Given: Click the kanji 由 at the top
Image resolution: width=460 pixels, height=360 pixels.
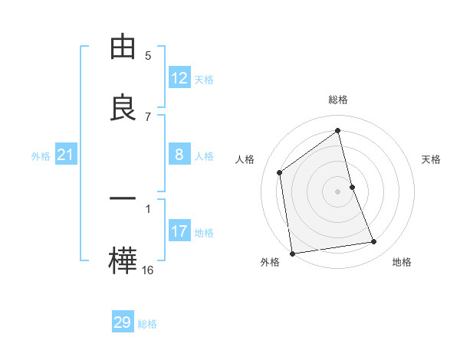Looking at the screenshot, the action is tap(123, 47).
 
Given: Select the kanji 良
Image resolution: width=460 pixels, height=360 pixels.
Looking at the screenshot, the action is tap(123, 108).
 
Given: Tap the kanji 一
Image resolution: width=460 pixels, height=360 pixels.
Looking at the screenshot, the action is tap(123, 198).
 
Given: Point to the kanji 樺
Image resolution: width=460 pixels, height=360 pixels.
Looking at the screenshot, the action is tap(123, 261).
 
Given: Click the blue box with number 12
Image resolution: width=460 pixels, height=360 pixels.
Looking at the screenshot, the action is tap(179, 78).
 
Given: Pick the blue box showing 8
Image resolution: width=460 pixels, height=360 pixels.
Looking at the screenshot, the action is tap(179, 155).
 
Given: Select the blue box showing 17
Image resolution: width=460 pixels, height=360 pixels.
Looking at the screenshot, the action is tap(179, 231).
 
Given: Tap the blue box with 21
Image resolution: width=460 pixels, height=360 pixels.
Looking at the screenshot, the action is tap(66, 155).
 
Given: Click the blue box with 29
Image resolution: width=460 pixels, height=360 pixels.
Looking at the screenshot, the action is tap(123, 322).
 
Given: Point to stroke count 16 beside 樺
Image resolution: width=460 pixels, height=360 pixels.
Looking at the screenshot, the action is tap(148, 270).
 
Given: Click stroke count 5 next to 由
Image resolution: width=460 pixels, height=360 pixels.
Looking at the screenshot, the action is tap(148, 55).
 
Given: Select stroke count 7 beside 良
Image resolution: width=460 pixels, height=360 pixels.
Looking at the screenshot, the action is tap(148, 116).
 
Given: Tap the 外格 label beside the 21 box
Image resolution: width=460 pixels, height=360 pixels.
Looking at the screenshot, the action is tap(41, 156).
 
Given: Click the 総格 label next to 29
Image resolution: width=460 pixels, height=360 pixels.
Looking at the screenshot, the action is tap(147, 324).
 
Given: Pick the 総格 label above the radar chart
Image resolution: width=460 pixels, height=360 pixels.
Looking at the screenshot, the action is tap(338, 100).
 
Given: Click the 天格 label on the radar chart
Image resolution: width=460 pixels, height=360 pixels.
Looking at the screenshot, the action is tap(431, 159).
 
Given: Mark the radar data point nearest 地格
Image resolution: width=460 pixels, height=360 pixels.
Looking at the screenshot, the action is tap(374, 242).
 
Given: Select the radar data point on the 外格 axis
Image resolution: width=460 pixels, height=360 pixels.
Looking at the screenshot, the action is tap(292, 253).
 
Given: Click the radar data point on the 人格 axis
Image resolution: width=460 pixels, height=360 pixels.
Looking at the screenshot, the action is tap(280, 172).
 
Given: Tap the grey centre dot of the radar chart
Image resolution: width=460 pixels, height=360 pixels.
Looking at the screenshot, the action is tap(338, 191).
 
